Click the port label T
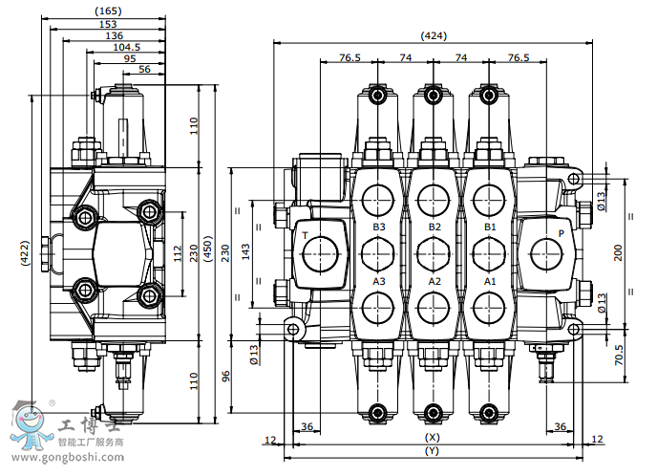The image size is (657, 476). tap(305, 234)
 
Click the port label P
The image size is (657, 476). tap(561, 233)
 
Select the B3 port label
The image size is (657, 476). tap(379, 227)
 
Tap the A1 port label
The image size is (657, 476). tap(490, 282)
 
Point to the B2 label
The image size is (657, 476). tap(434, 227)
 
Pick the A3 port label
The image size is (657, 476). tap(379, 282)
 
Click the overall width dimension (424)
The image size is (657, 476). tap(434, 36)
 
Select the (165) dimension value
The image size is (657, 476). tap(107, 11)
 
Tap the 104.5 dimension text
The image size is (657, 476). tap(126, 46)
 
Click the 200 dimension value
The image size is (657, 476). tap(619, 252)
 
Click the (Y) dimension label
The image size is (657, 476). tap(432, 450)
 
